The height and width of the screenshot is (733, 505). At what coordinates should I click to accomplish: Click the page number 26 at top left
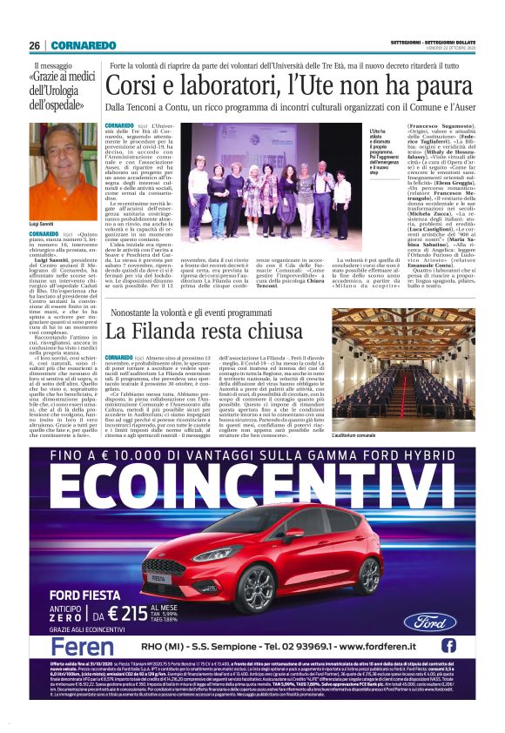pyautogui.click(x=34, y=45)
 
